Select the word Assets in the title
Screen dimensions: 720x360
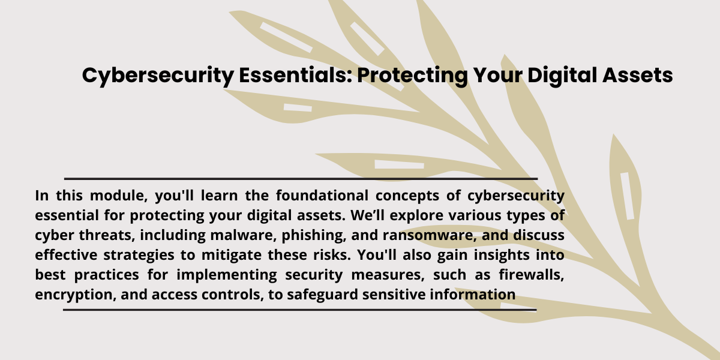(637, 75)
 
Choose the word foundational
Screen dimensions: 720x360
(322, 195)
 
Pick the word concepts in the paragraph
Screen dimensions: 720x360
(407, 196)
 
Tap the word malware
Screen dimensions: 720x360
(244, 235)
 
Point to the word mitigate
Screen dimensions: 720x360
(232, 255)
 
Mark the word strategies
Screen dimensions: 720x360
(139, 256)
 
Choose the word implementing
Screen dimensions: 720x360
(227, 275)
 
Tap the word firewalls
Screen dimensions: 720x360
(532, 275)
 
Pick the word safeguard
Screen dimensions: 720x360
(322, 295)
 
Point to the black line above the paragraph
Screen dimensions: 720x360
(301, 179)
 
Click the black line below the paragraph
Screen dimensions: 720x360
(300, 310)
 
